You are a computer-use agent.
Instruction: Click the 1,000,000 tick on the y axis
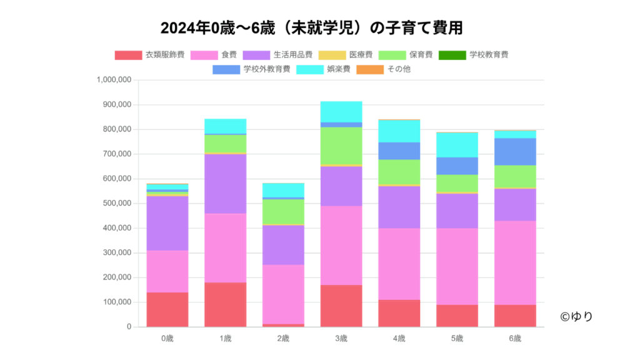114,80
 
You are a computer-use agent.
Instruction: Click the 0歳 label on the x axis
167,339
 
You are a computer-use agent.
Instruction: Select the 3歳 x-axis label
341,339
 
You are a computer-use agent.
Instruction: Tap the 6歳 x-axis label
515,339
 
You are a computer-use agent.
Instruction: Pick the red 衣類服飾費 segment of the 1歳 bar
225,304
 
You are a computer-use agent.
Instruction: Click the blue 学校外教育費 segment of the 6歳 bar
515,151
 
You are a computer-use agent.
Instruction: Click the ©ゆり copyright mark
576,317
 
